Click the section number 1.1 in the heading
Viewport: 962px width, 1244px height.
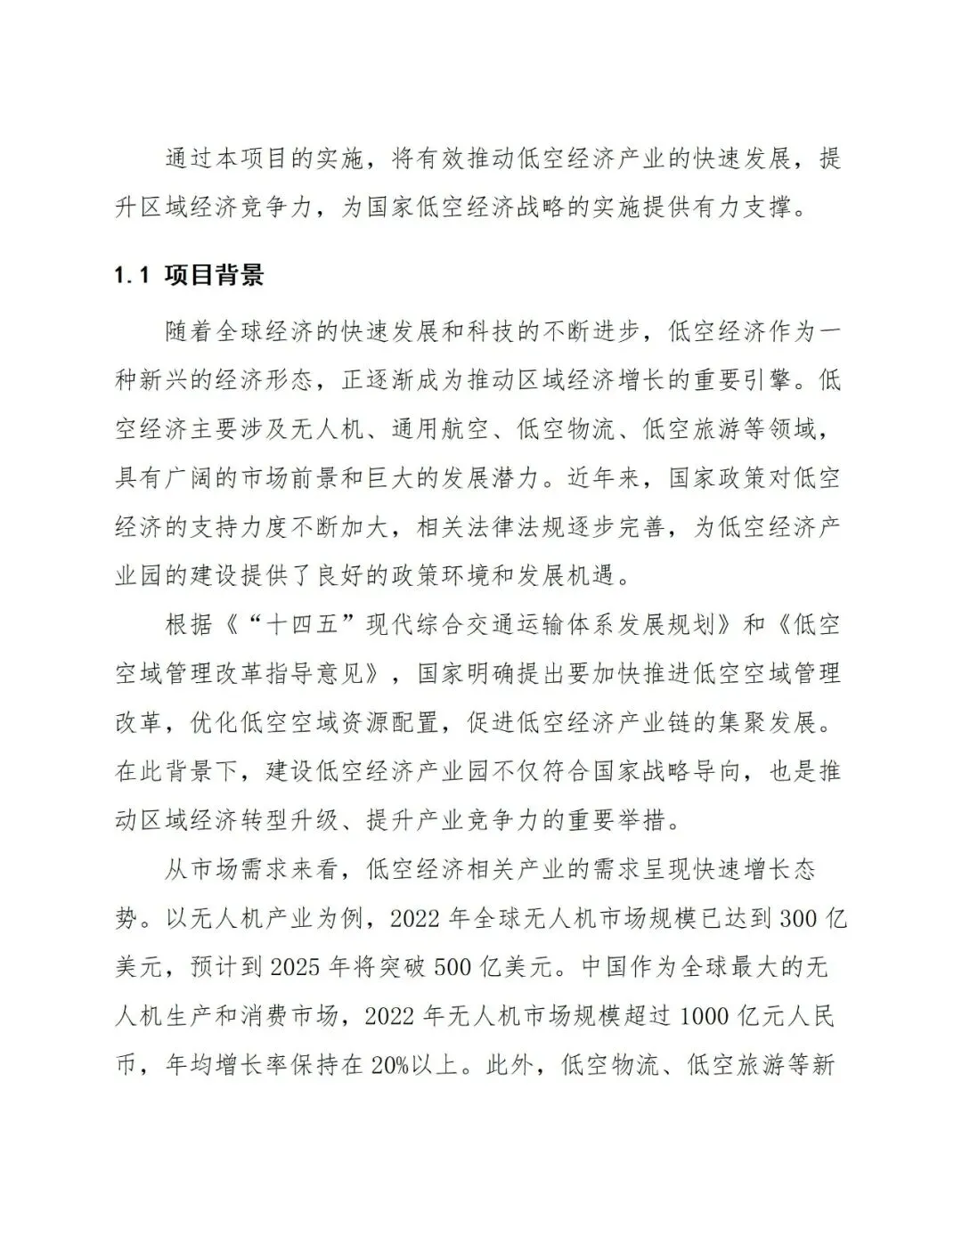pyautogui.click(x=129, y=275)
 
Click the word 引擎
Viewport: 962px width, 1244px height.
pyautogui.click(x=758, y=380)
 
